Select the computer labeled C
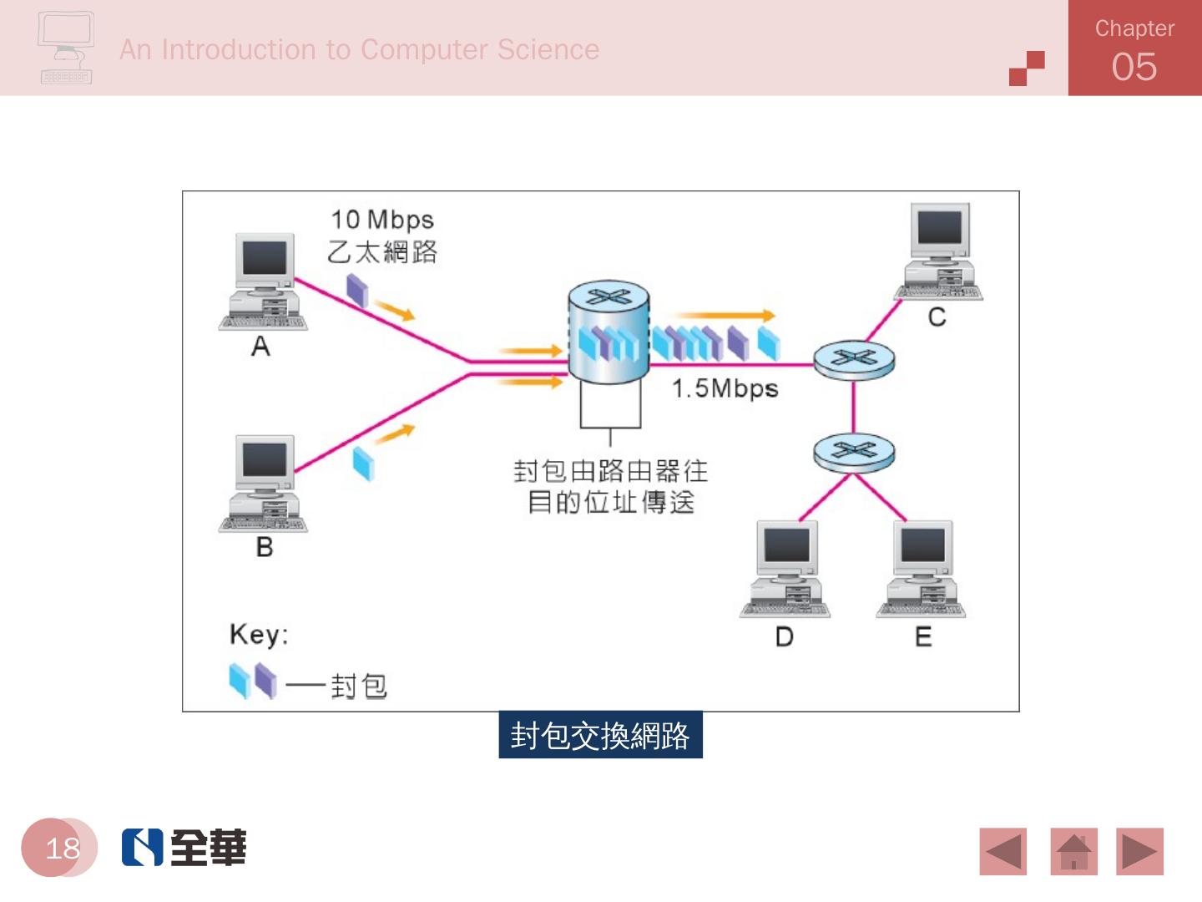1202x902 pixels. (939, 251)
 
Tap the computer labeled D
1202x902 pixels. (785, 569)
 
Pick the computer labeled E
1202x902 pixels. (922, 569)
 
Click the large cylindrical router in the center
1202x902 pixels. (609, 332)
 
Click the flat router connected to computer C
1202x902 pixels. (853, 360)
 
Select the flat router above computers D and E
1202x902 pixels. (853, 452)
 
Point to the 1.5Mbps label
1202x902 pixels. (725, 388)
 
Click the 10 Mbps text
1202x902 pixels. (382, 220)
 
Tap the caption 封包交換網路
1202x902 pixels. (600, 735)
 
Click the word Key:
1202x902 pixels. (259, 635)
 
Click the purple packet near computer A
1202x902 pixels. (357, 290)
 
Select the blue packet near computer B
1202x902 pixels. (363, 463)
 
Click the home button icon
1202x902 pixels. (1073, 851)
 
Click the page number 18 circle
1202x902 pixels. (60, 848)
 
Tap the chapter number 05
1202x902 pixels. (1134, 67)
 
